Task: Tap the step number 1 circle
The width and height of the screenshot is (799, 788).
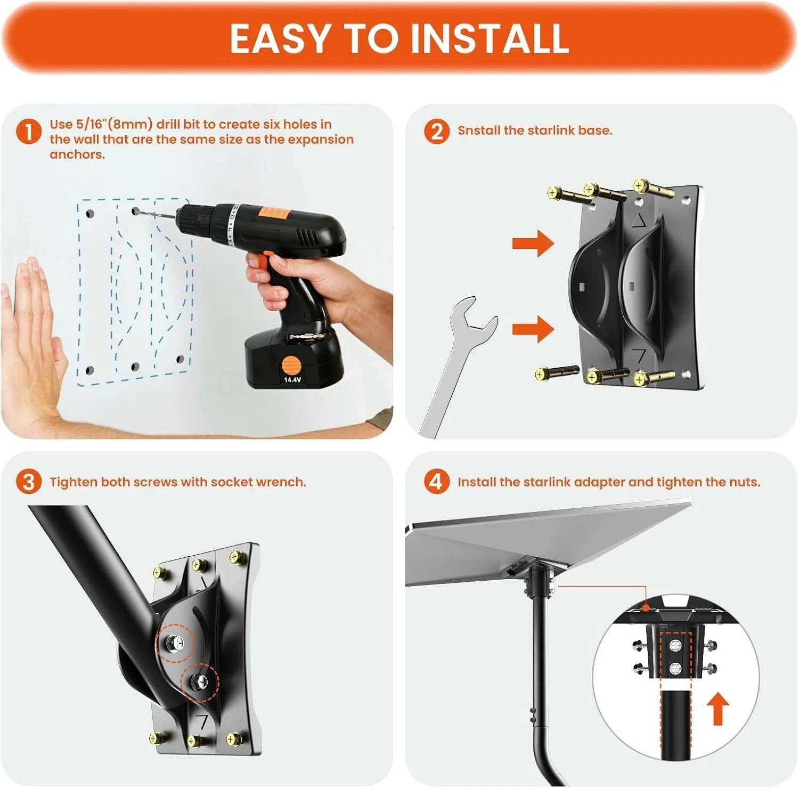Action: point(28,132)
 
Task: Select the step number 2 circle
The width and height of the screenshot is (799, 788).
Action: point(436,131)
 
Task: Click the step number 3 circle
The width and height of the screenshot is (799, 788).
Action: point(28,482)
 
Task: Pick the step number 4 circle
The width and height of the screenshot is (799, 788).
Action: point(436,482)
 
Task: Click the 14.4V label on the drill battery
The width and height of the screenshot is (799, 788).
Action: point(292,380)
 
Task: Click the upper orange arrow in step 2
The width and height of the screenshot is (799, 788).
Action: point(533,243)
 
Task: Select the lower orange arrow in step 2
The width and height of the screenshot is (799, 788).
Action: point(533,329)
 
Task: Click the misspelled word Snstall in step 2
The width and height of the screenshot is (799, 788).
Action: point(479,131)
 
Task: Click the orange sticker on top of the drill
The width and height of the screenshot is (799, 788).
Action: point(273,213)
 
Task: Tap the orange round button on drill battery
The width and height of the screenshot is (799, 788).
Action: point(291,366)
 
